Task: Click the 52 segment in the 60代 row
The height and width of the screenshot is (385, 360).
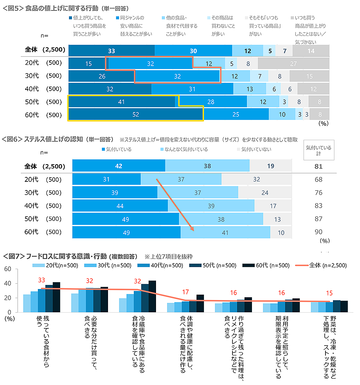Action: [136, 115]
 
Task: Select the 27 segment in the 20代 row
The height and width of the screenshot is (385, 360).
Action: [294, 64]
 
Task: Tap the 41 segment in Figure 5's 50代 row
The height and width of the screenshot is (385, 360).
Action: [121, 102]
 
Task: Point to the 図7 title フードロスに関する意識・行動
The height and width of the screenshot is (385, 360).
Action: [66, 256]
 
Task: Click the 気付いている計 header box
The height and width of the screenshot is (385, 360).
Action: [318, 150]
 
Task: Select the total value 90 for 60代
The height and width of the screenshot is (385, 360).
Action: [318, 232]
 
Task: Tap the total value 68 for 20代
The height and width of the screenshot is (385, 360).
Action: [318, 180]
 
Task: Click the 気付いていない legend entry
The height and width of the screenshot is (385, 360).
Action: [253, 149]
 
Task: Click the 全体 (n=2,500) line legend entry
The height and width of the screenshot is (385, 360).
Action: [321, 265]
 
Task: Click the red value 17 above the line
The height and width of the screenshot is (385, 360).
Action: [185, 292]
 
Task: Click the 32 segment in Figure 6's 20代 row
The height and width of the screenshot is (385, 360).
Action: [256, 180]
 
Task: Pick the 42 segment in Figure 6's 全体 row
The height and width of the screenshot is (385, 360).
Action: [118, 166]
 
